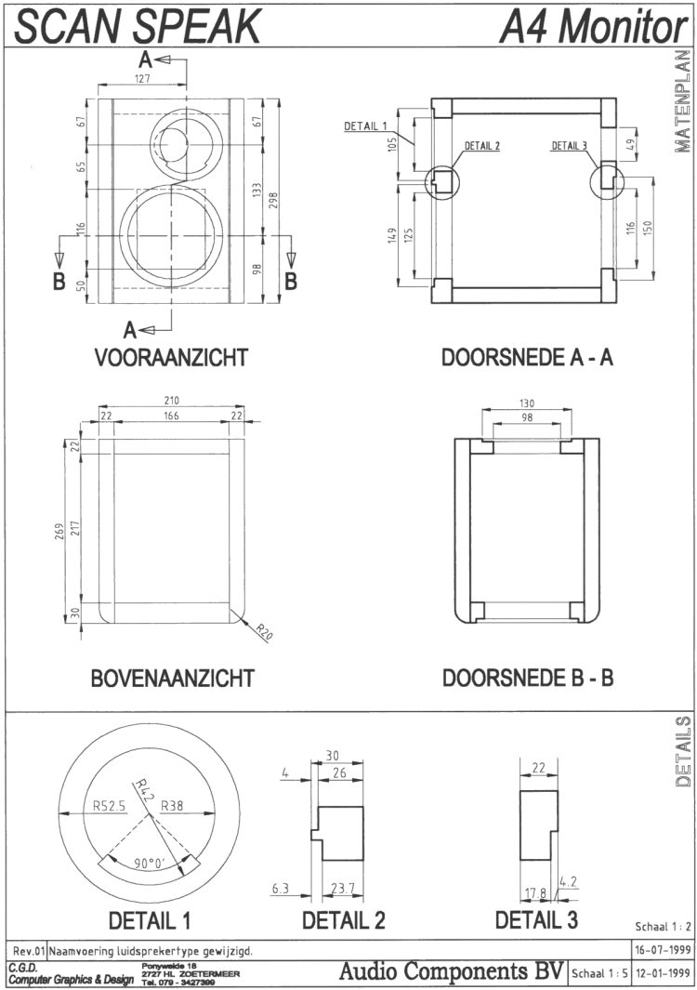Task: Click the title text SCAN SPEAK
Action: [x=138, y=26]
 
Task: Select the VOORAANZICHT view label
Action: [x=169, y=358]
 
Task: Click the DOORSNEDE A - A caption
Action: [x=527, y=358]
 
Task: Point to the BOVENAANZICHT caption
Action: [x=172, y=677]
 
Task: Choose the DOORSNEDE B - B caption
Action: [x=527, y=677]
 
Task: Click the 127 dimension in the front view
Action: [x=141, y=80]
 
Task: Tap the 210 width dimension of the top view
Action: [x=172, y=401]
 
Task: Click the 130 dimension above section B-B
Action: [x=527, y=403]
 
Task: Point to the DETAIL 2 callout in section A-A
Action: [x=481, y=146]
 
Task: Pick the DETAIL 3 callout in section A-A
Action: [x=569, y=145]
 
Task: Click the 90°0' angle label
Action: [x=149, y=864]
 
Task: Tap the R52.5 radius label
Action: [x=109, y=805]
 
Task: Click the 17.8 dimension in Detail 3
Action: [x=535, y=892]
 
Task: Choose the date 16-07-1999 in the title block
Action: [x=660, y=950]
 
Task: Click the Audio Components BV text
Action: [x=452, y=972]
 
